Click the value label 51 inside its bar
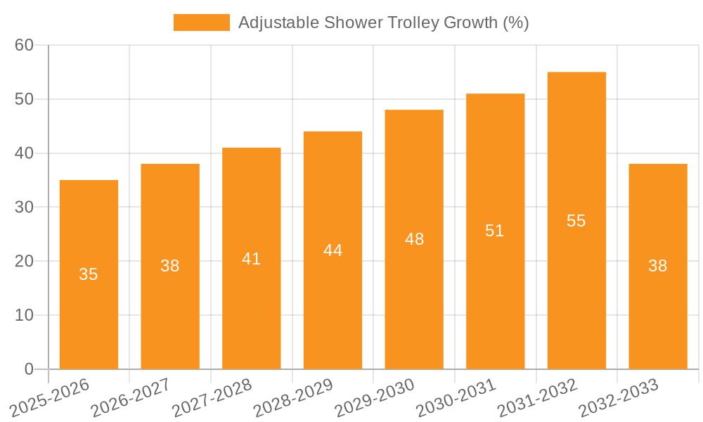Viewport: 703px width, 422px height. point(495,231)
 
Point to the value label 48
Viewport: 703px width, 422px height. point(414,239)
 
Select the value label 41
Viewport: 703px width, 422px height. point(251,259)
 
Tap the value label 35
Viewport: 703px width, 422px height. point(89,274)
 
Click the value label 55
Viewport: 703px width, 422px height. point(576,221)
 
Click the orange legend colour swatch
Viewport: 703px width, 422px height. point(201,23)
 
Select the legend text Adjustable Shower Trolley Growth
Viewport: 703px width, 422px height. point(383,23)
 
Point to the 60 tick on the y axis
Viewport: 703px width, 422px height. point(25,45)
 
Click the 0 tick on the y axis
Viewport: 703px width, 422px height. point(29,369)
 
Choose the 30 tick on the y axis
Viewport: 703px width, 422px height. point(25,207)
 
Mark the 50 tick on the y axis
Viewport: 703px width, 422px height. point(25,99)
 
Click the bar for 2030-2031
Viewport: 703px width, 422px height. point(495,295)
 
